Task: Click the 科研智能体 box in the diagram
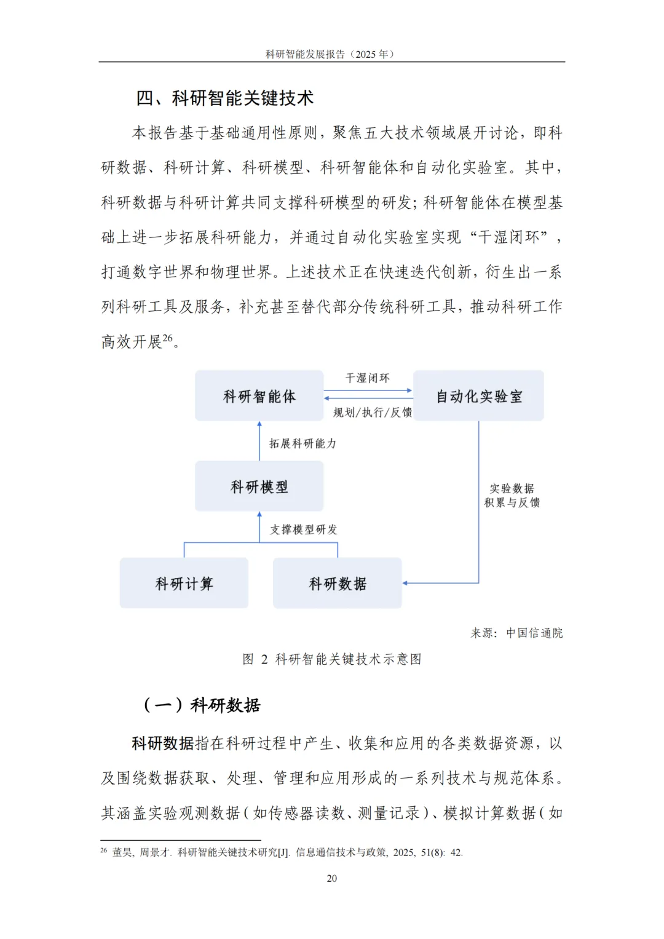(x=259, y=396)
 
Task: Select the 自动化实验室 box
(x=478, y=396)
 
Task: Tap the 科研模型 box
(x=259, y=486)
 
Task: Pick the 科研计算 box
(x=184, y=583)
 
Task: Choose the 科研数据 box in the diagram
(x=337, y=583)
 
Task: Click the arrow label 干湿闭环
(x=367, y=378)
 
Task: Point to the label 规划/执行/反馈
(x=372, y=412)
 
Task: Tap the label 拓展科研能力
(x=302, y=443)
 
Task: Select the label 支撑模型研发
(x=303, y=529)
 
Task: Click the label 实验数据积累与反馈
(x=512, y=496)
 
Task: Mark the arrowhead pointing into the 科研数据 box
(x=405, y=583)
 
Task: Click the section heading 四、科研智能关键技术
(x=225, y=98)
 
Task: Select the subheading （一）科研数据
(x=202, y=705)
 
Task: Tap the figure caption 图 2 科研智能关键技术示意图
(x=332, y=659)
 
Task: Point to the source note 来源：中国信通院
(x=516, y=633)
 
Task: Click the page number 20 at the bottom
(x=332, y=878)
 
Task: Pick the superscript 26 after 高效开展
(x=167, y=338)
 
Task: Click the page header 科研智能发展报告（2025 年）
(x=330, y=54)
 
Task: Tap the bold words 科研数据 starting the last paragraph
(x=163, y=743)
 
